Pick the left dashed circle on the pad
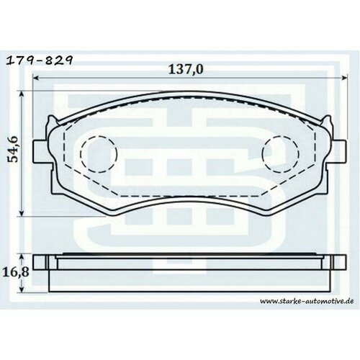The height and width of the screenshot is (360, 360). coord(96,153)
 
